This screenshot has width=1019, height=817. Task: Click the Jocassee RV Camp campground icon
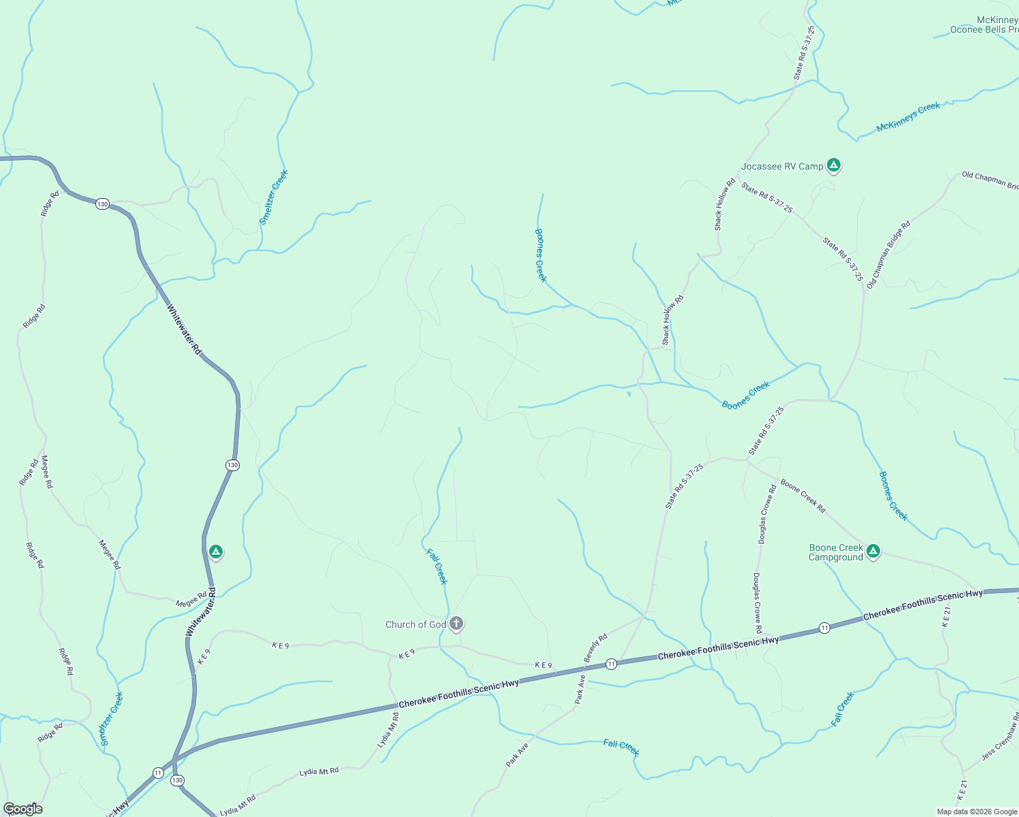pyautogui.click(x=833, y=165)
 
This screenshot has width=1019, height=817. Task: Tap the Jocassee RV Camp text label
pyautogui.click(x=782, y=166)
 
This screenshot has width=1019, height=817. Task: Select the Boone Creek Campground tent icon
pyautogui.click(x=873, y=551)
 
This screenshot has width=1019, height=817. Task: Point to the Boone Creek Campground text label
pyautogui.click(x=836, y=552)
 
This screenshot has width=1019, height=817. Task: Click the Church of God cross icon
pyautogui.click(x=456, y=623)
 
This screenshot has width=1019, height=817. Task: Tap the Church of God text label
pyautogui.click(x=416, y=624)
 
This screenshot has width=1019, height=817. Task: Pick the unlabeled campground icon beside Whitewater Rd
pyautogui.click(x=216, y=551)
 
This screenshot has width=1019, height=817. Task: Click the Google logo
pyautogui.click(x=22, y=809)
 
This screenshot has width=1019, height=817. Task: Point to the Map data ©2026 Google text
pyautogui.click(x=977, y=812)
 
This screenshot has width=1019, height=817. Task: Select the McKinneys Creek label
pyautogui.click(x=908, y=116)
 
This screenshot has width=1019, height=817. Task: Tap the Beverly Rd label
pyautogui.click(x=595, y=647)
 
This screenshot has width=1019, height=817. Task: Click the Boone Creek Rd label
pyautogui.click(x=803, y=496)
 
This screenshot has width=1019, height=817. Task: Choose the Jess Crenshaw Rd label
pyautogui.click(x=1001, y=737)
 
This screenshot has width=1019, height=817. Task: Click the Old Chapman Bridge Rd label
pyautogui.click(x=888, y=255)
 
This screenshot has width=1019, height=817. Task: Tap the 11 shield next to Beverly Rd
pyautogui.click(x=611, y=664)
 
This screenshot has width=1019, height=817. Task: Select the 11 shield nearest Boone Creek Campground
pyautogui.click(x=824, y=628)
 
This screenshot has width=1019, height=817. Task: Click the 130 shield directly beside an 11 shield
pyautogui.click(x=178, y=780)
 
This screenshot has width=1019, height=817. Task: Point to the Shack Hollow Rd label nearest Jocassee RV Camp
pyautogui.click(x=724, y=204)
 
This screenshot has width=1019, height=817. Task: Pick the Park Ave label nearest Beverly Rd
pyautogui.click(x=580, y=689)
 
